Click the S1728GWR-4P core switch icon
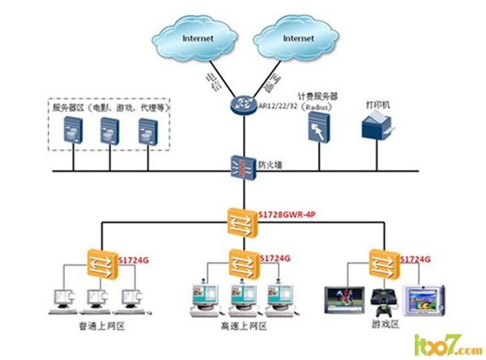(241, 220)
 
